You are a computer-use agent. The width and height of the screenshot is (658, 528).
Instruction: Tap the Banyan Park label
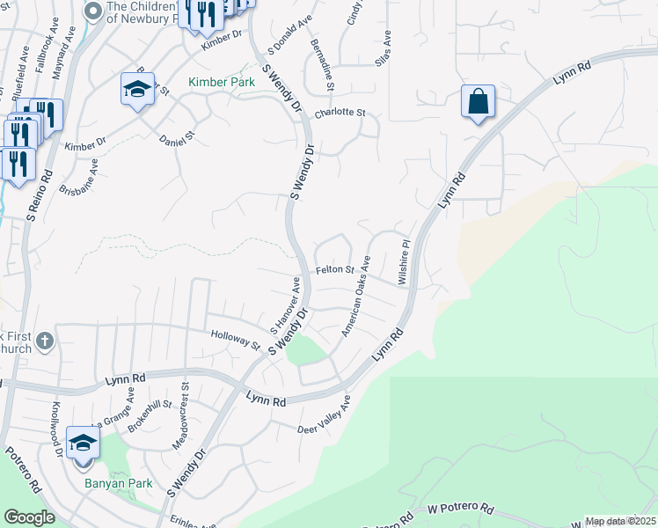119,483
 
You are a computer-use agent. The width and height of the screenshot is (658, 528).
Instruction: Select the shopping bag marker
478,101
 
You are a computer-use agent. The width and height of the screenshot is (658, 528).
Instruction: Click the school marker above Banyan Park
83,444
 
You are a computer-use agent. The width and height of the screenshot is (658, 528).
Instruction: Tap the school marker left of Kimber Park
137,89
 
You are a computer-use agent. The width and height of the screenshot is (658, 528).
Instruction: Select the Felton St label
335,270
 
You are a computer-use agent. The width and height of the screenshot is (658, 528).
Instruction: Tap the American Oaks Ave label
357,296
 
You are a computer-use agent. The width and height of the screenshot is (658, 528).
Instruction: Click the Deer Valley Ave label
325,416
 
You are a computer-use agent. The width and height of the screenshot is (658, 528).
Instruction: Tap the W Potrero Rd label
462,510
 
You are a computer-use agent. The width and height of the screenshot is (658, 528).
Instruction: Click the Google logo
29,517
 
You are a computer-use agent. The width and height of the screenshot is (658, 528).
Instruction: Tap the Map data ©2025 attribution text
619,521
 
